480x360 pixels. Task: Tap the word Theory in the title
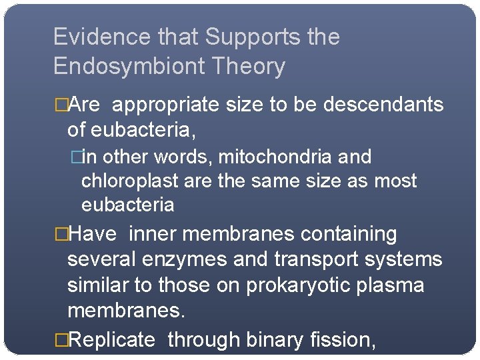point(256,66)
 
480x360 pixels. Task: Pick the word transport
point(306,259)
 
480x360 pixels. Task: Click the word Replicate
point(112,340)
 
